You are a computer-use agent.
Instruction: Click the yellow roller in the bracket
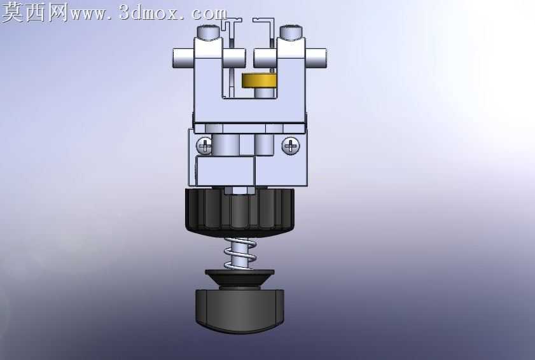point(259,81)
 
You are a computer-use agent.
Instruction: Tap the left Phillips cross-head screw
point(204,146)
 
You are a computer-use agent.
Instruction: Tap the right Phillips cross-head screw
point(291,146)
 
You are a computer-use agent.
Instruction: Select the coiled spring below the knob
point(240,254)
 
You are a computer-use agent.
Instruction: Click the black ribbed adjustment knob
point(240,212)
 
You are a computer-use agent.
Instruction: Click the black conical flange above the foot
point(240,279)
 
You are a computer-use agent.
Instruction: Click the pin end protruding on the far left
point(183,59)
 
